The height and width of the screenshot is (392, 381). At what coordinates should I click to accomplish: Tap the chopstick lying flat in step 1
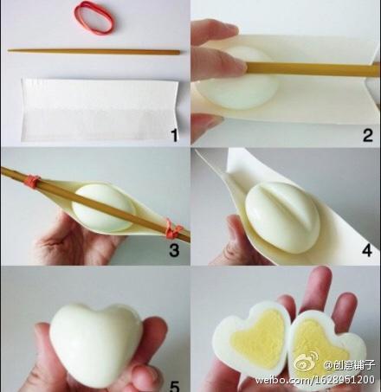(x=94, y=52)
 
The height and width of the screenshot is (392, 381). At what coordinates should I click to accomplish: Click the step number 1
(x=174, y=135)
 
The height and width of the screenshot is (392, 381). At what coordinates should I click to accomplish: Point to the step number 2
(x=367, y=135)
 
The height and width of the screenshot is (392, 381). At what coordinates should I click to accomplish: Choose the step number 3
(x=174, y=250)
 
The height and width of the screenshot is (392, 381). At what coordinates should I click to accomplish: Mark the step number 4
(x=367, y=250)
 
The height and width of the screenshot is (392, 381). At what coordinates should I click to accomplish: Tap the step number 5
(x=174, y=386)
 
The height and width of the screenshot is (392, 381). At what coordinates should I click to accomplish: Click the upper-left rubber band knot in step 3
(x=32, y=181)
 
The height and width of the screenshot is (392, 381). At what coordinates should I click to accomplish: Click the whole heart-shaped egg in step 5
(x=96, y=344)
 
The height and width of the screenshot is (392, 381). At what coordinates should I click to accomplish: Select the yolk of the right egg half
(x=318, y=344)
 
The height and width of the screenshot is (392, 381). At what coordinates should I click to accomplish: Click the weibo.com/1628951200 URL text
(x=314, y=380)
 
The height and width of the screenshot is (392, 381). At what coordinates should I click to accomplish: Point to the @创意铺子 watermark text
(x=349, y=365)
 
